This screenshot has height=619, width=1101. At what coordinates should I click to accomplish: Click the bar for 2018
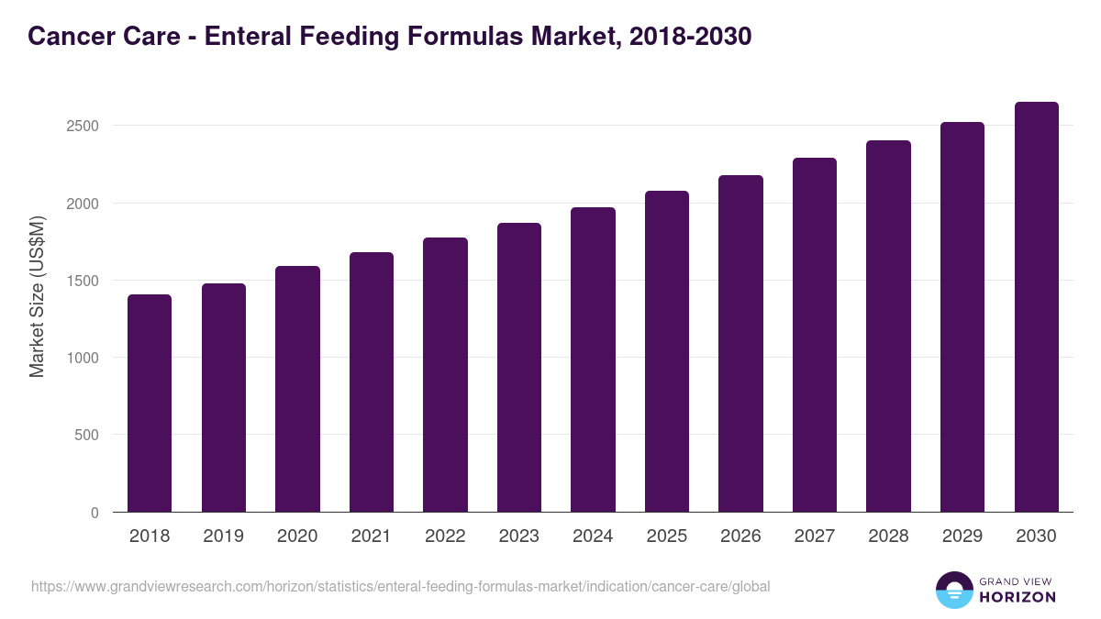(x=150, y=403)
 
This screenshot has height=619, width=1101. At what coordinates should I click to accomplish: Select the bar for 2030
(x=1036, y=307)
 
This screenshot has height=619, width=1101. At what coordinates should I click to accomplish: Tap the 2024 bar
(x=593, y=359)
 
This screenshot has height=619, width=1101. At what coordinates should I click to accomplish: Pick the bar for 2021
(x=371, y=382)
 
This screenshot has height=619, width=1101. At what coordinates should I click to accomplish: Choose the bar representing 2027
(x=815, y=335)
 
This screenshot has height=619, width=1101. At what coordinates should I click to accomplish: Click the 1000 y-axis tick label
(x=83, y=358)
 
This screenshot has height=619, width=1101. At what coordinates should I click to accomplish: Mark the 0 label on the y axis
(x=95, y=513)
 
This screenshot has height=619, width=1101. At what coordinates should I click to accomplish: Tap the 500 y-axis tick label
(x=88, y=435)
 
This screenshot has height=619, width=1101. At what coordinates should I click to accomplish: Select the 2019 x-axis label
(x=223, y=536)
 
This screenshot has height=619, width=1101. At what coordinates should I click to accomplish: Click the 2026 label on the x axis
(x=740, y=536)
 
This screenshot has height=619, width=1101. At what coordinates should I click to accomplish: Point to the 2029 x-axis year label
(x=962, y=536)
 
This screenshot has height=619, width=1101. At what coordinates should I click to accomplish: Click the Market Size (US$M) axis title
(x=37, y=296)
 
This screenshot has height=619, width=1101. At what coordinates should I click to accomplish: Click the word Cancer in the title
(x=67, y=36)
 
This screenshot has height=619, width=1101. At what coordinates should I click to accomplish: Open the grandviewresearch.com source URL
(x=400, y=586)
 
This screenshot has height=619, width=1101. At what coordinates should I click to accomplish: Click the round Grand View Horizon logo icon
(x=953, y=590)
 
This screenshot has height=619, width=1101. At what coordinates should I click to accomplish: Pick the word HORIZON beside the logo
(x=1017, y=597)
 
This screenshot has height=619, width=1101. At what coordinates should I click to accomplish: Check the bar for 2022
(x=445, y=375)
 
